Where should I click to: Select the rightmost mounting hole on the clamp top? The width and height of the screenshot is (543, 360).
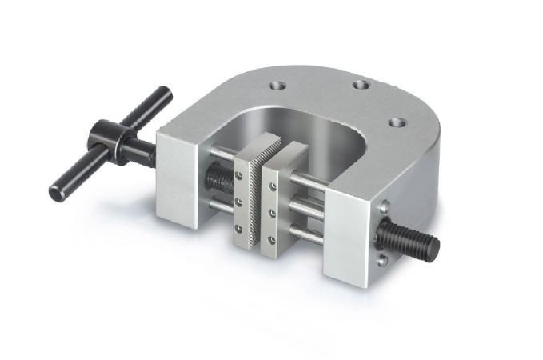point(394,123)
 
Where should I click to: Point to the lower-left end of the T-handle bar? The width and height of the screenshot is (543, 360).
point(58,192)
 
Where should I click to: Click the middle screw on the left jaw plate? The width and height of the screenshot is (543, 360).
point(238,202)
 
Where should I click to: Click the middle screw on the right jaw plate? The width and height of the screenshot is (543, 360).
point(273,214)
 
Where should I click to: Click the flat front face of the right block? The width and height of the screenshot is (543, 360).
point(346,240)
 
